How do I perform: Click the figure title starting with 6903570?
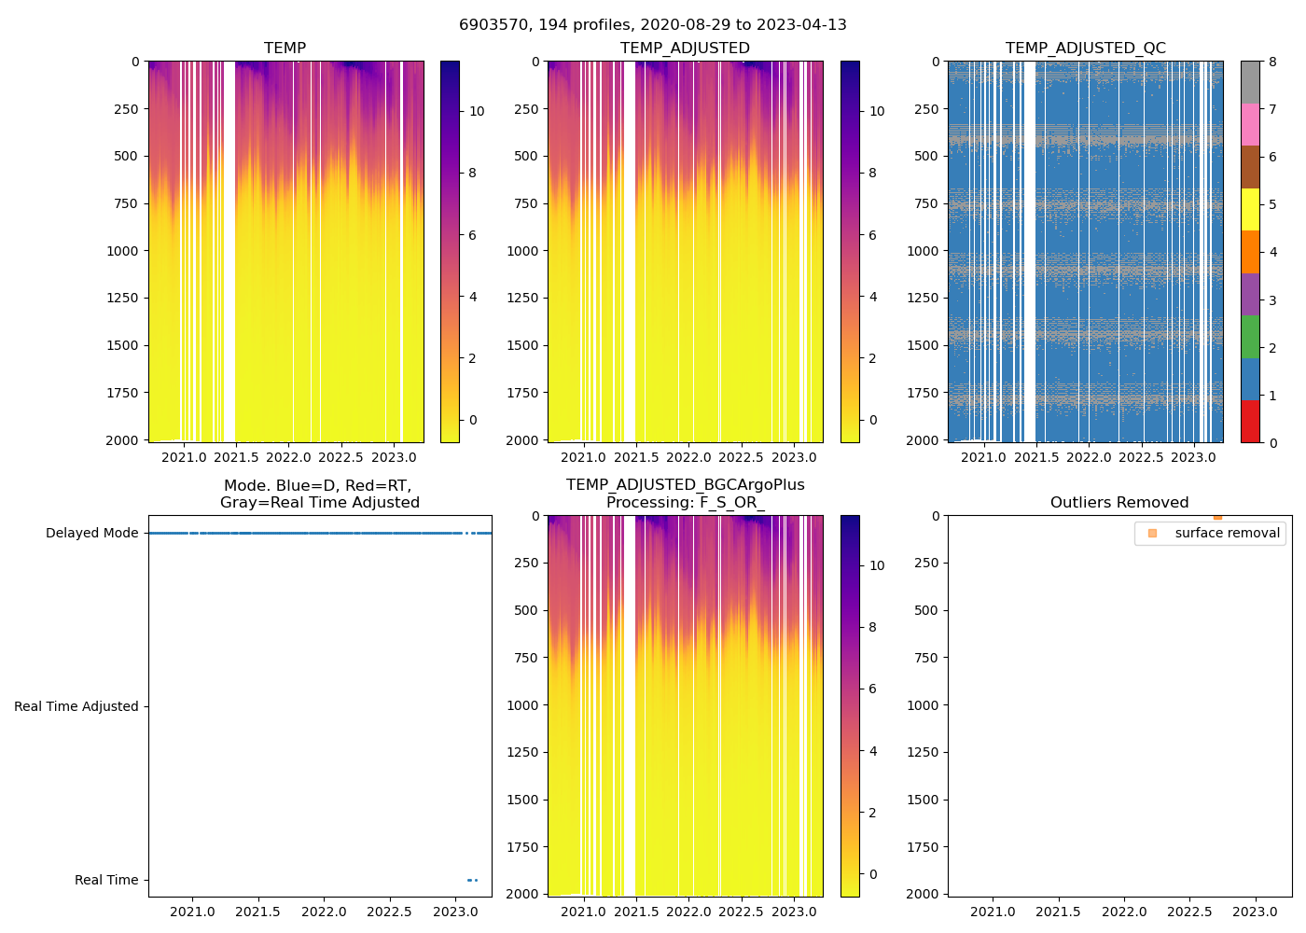pyautogui.click(x=653, y=25)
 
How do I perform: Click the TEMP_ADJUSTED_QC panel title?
pyautogui.click(x=1085, y=48)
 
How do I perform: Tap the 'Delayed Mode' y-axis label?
pyautogui.click(x=91, y=533)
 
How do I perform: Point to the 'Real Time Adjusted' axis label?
pyautogui.click(x=76, y=706)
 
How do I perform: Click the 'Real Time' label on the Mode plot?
pyautogui.click(x=106, y=880)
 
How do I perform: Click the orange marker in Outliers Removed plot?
pyautogui.click(x=1217, y=517)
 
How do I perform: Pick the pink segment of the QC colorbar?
pyautogui.click(x=1250, y=124)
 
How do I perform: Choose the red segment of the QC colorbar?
pyautogui.click(x=1250, y=422)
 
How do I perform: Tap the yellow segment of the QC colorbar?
pyautogui.click(x=1250, y=209)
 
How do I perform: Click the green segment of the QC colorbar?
pyautogui.click(x=1250, y=337)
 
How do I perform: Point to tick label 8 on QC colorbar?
pyautogui.click(x=1272, y=62)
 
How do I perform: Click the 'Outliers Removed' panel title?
pyautogui.click(x=1119, y=502)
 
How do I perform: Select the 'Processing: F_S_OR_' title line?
pyautogui.click(x=685, y=502)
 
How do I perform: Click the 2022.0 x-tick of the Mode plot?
pyautogui.click(x=325, y=912)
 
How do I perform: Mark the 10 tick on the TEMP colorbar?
pyautogui.click(x=477, y=111)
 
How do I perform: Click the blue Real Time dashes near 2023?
pyautogui.click(x=472, y=880)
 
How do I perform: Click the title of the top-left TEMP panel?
pyautogui.click(x=285, y=48)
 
